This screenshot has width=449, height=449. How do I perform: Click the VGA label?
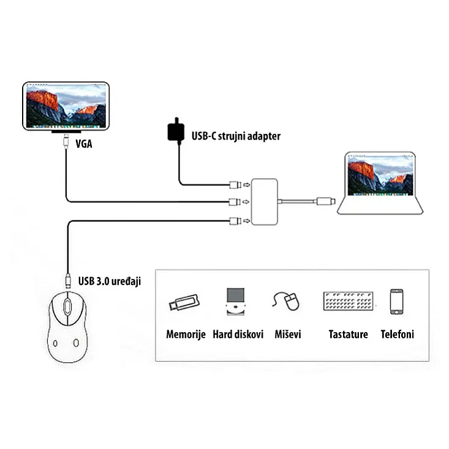(x=85, y=145)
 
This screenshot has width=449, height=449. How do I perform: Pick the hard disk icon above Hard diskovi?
(x=235, y=302)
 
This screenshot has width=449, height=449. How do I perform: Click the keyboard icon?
(x=347, y=302)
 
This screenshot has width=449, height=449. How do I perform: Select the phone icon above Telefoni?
(x=396, y=302)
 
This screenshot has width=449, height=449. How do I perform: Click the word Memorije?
(x=185, y=335)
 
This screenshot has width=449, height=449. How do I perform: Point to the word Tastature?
(x=348, y=335)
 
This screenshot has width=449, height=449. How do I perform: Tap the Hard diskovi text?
(x=238, y=335)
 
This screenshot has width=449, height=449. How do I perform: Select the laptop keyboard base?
(x=380, y=206)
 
